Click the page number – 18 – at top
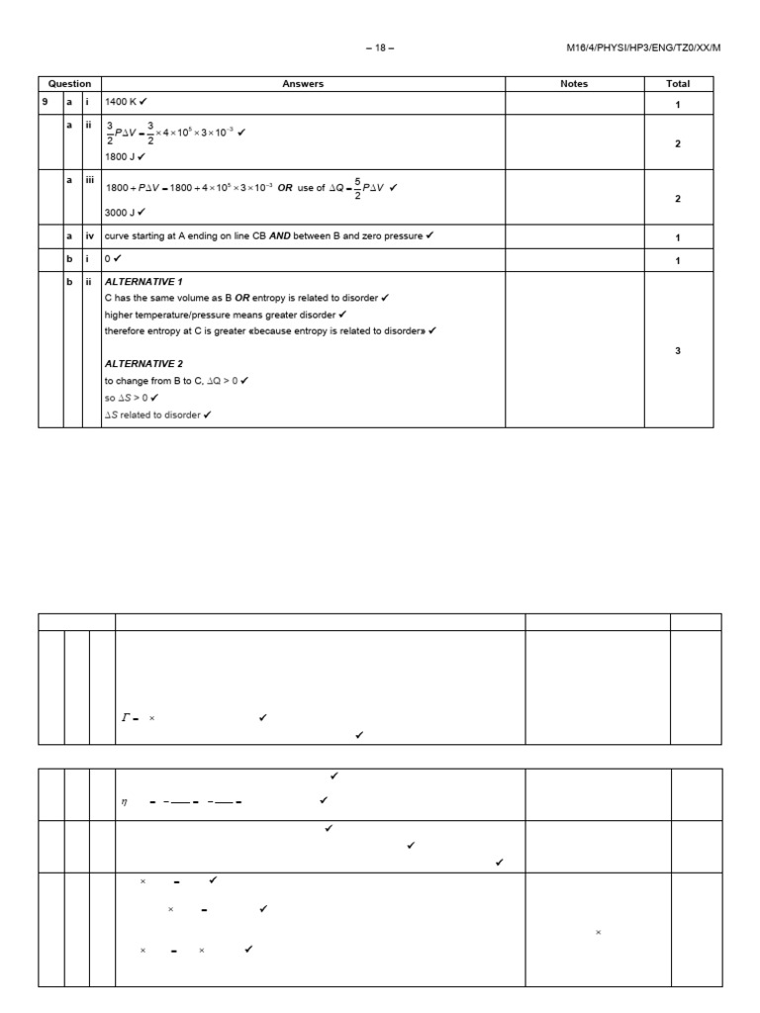[x=379, y=47]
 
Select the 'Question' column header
[x=69, y=84]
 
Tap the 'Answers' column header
[x=303, y=84]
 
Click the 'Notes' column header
[x=574, y=84]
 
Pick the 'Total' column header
[x=678, y=84]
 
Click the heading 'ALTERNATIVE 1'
[x=143, y=282]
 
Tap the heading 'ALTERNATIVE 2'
[x=143, y=364]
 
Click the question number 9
[x=46, y=102]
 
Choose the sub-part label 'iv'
[x=87, y=235]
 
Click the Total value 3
[x=678, y=350]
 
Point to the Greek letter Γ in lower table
[x=126, y=718]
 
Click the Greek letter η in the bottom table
[x=125, y=802]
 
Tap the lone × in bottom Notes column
[x=598, y=932]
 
